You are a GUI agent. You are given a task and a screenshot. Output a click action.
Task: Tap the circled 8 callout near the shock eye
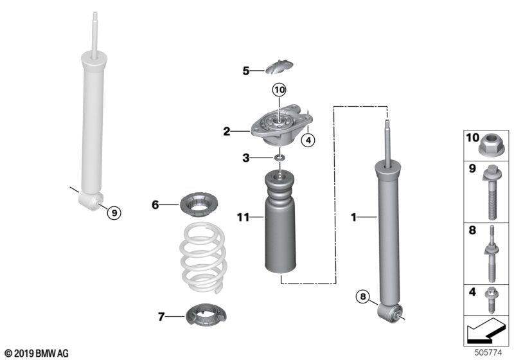click(x=364, y=296)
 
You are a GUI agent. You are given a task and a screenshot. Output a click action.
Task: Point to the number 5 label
click(x=245, y=71)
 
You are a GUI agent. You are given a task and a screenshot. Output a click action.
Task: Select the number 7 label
click(x=161, y=316)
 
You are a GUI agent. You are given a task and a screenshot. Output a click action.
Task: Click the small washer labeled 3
click(x=279, y=158)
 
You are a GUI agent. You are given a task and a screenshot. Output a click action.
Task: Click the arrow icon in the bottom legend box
click(x=486, y=333)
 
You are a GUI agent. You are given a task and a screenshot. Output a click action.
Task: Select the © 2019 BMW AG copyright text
click(x=36, y=353)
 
